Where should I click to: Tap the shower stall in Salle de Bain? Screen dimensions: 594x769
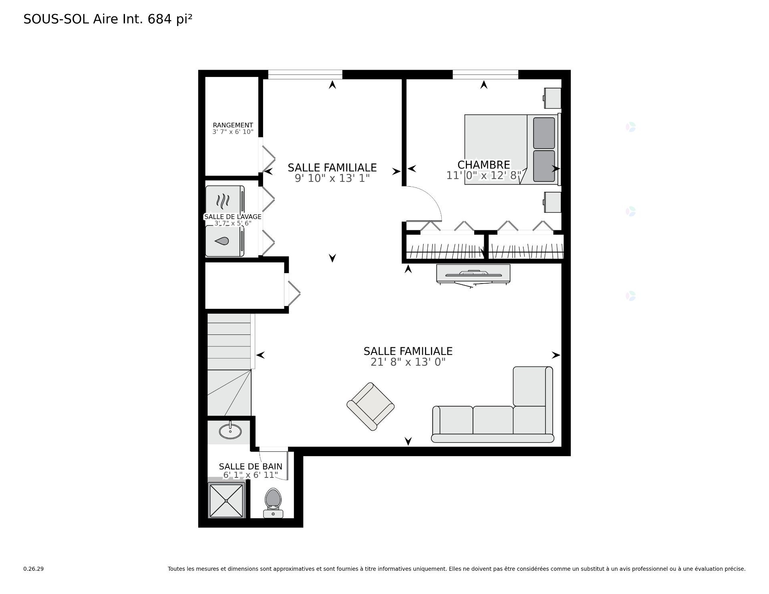tap(226, 500)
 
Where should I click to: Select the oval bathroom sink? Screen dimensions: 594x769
tap(230, 431)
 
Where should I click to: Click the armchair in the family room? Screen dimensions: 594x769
tap(370, 406)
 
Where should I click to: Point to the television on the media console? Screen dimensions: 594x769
tap(473, 274)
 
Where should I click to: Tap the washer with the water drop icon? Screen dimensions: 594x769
tap(223, 241)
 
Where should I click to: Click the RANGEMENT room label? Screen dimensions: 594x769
tap(233, 125)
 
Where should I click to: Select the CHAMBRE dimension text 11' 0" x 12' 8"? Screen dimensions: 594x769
tap(484, 175)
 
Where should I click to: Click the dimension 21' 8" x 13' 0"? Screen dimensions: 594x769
tap(408, 362)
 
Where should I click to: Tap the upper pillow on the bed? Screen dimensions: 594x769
tap(544, 133)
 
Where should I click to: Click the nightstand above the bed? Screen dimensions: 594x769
tap(552, 98)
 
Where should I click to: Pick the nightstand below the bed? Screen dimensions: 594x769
tap(552, 202)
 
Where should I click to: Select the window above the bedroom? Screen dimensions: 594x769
tap(485, 75)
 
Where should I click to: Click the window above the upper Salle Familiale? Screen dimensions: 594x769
tap(305, 75)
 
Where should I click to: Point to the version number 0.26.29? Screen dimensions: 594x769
tap(33, 569)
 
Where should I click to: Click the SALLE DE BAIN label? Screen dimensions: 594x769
tap(250, 466)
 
